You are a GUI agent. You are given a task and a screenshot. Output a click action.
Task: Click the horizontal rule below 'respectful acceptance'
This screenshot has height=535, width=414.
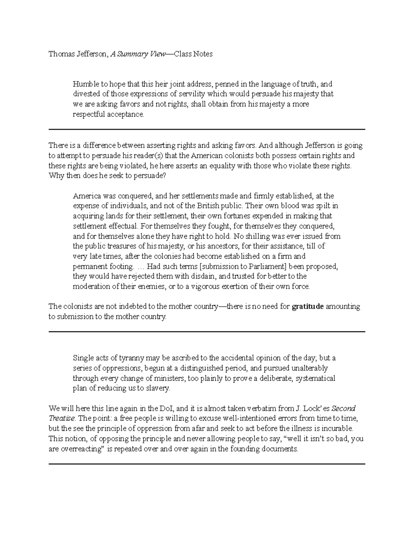click(x=207, y=130)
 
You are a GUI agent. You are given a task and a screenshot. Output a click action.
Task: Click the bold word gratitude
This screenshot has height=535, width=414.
click(x=308, y=307)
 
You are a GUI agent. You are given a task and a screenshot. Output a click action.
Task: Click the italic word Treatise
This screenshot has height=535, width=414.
click(x=62, y=419)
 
